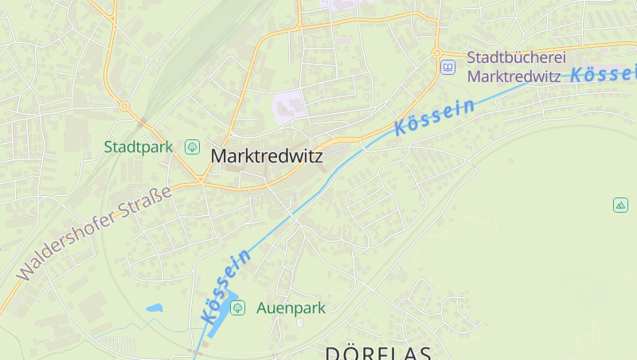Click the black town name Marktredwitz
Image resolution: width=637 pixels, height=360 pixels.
pos(267,157)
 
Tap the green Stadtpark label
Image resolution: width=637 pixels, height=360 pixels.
pos(138,147)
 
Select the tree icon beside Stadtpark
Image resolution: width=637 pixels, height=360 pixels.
pos(192,147)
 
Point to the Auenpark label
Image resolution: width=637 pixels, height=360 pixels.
pos(291,308)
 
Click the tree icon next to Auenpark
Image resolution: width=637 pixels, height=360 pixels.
pos(236,307)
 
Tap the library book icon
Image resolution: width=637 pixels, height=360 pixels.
pos(447,67)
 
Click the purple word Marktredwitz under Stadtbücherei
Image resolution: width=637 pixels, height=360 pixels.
pos(516,76)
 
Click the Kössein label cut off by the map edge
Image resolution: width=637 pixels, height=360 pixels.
pos(604,74)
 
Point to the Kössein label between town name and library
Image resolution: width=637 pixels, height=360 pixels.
pos(435,116)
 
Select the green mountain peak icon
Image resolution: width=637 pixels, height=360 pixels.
pos(620,205)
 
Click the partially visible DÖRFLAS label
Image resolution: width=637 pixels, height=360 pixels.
pos(377,353)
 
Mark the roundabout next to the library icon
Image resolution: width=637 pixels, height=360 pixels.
pos(436,53)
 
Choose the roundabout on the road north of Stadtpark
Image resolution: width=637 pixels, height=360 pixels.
pos(124,105)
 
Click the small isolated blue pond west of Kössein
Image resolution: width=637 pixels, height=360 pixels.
pos(154,307)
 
